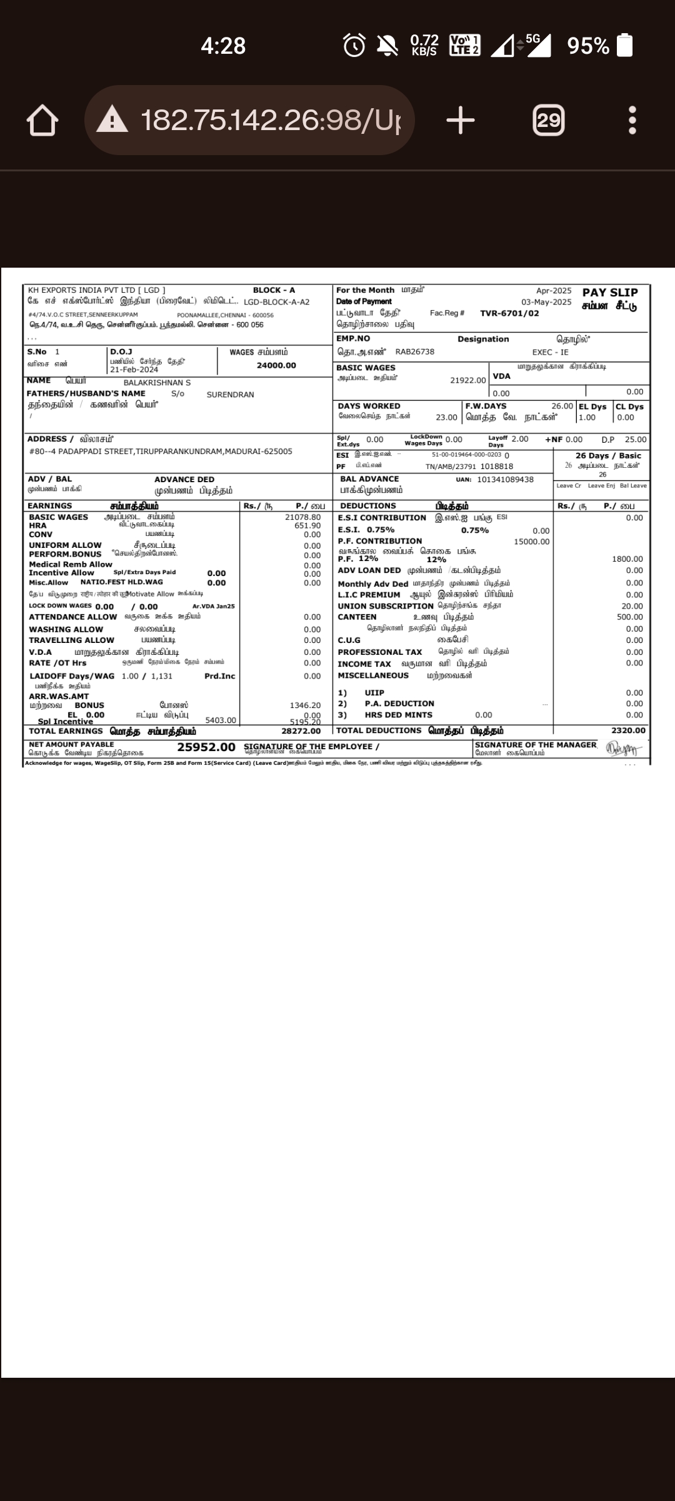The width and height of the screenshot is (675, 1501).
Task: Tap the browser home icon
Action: [42, 120]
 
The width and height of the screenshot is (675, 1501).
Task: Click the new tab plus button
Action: [461, 120]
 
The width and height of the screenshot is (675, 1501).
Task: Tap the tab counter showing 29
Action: [548, 120]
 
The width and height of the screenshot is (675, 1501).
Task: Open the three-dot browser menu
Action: [632, 120]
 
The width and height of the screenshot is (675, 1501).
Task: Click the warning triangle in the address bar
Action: [112, 119]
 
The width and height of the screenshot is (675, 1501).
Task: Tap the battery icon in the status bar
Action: [624, 46]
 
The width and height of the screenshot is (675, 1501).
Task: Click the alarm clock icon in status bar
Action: [354, 46]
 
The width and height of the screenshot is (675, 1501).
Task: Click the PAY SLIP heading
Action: [610, 293]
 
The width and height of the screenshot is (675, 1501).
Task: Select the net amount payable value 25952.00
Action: [206, 747]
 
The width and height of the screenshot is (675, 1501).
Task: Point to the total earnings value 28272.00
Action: [301, 731]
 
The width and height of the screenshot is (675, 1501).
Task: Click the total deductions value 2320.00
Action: [628, 730]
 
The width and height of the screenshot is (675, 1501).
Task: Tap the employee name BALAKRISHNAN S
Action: [157, 383]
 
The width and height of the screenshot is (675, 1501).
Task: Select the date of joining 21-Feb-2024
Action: [134, 370]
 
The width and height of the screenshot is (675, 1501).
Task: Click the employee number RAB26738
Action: [414, 352]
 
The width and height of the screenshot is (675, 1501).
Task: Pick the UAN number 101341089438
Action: [505, 480]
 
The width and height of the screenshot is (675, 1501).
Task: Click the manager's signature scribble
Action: [623, 749]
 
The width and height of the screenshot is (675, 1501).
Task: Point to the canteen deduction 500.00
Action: [629, 617]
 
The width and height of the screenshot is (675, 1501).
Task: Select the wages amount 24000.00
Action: [276, 365]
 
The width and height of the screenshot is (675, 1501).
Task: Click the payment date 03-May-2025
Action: [546, 302]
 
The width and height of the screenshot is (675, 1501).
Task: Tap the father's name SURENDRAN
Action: [230, 395]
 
